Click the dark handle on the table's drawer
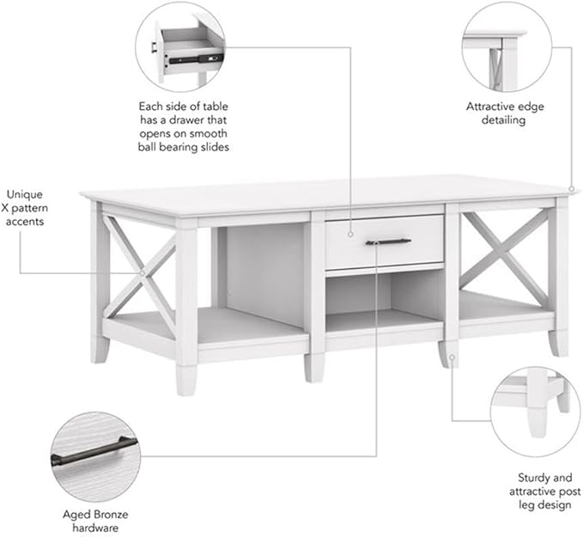pyautogui.click(x=388, y=242)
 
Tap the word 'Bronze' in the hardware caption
pyautogui.click(x=111, y=515)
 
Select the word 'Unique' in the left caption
pyautogui.click(x=25, y=194)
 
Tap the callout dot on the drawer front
pyautogui.click(x=350, y=235)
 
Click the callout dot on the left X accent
pyautogui.click(x=142, y=273)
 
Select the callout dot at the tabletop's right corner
pyautogui.click(x=572, y=189)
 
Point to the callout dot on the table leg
pyautogui.click(x=452, y=357)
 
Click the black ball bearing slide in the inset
pyautogui.click(x=196, y=58)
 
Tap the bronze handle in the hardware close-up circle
pyautogui.click(x=94, y=450)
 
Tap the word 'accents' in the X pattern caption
pyautogui.click(x=25, y=222)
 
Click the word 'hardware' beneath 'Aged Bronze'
pyautogui.click(x=95, y=528)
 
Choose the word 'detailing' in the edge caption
pyautogui.click(x=503, y=120)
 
